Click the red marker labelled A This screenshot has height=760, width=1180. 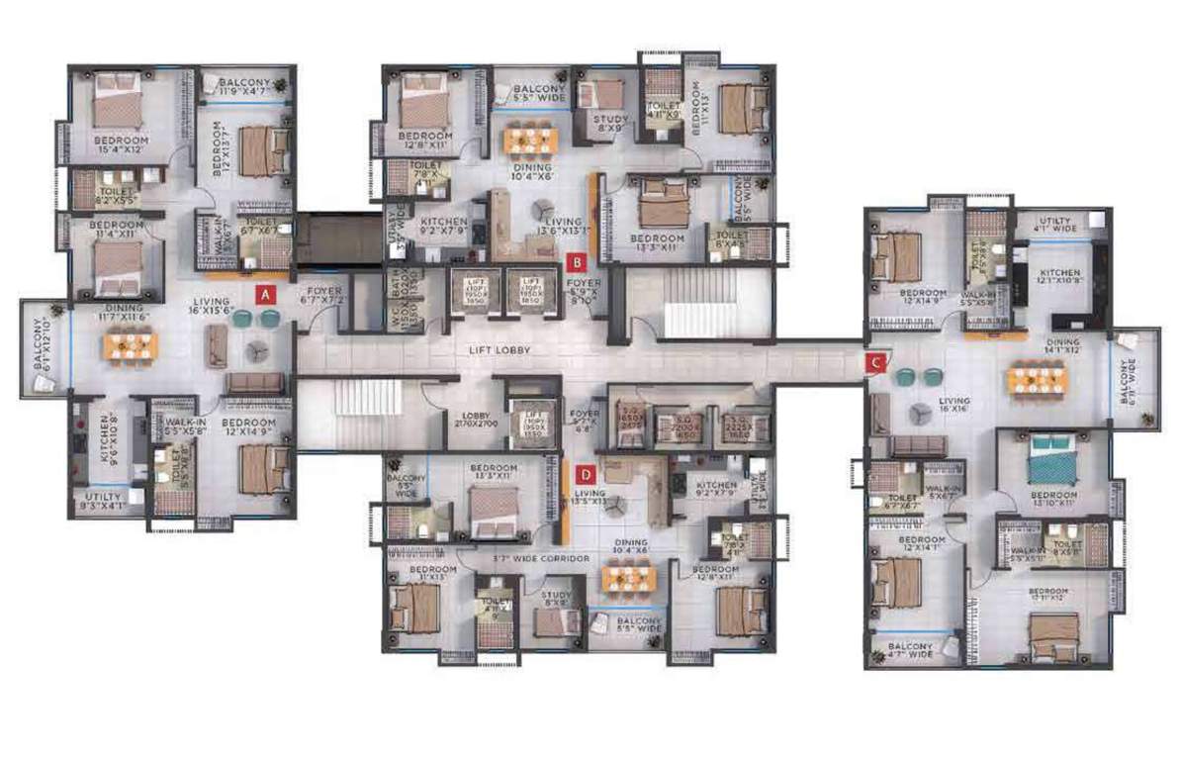pos(264,293)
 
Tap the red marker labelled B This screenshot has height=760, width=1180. pos(577,262)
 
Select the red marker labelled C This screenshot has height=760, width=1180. pos(874,362)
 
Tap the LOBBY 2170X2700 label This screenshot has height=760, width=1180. pos(469,421)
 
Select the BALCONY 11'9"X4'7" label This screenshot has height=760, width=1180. pos(244,87)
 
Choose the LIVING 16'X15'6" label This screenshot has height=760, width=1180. pos(212,307)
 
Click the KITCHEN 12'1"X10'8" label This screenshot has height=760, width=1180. pos(1058,278)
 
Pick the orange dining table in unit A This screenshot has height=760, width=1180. pos(131,345)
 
